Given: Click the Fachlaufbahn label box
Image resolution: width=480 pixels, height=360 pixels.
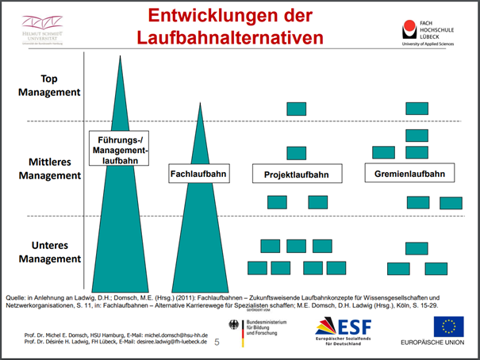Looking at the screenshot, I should (x=199, y=174).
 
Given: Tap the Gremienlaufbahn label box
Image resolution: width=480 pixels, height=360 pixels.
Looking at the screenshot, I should (x=405, y=174).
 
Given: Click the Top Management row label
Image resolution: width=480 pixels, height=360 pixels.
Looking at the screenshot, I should (x=49, y=85).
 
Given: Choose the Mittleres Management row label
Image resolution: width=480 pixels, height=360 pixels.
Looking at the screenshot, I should (x=49, y=169).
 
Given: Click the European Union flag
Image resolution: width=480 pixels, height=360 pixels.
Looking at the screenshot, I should (x=448, y=326).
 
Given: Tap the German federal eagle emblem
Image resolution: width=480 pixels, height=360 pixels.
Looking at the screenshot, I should (x=234, y=327).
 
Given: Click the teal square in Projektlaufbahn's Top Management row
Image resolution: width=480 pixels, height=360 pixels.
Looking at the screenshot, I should (x=296, y=108).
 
